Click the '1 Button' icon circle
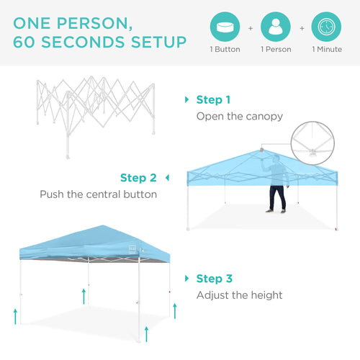(x=225, y=26)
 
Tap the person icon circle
(x=276, y=26)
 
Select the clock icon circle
(x=326, y=26)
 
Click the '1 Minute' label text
(x=326, y=50)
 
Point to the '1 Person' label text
(x=276, y=50)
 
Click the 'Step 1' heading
(x=214, y=100)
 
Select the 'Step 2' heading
(x=138, y=178)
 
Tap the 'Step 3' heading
(x=215, y=279)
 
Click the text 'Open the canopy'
(x=240, y=116)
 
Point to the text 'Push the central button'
(x=98, y=194)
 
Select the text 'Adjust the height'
(x=240, y=295)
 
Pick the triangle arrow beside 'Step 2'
(x=167, y=178)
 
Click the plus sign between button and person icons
(x=251, y=28)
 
